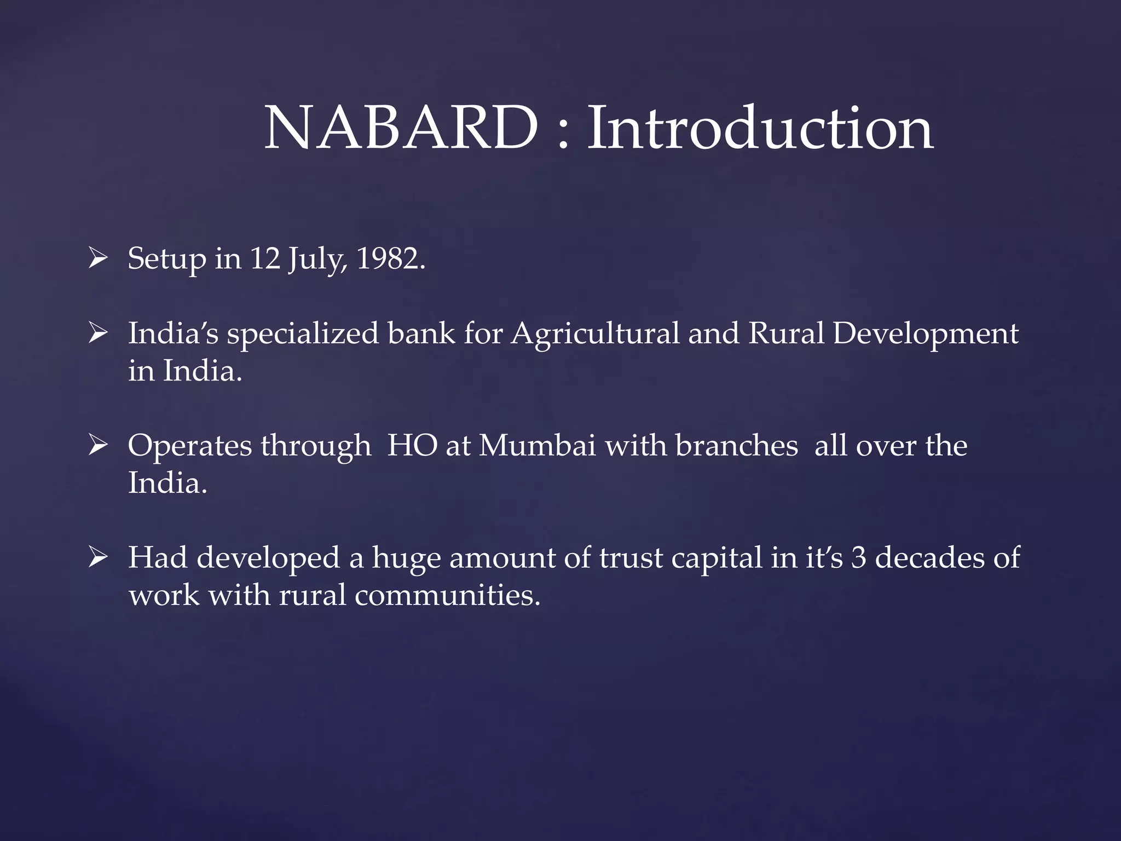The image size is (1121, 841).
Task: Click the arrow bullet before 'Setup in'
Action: (x=97, y=257)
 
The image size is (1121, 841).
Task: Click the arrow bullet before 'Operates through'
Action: (x=97, y=445)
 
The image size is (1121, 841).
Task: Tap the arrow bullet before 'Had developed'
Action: (x=97, y=557)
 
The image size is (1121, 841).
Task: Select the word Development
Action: (x=926, y=334)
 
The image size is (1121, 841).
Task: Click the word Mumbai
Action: (x=537, y=445)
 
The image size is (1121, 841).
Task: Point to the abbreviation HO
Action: (x=413, y=445)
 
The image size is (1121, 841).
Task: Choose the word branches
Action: (x=736, y=445)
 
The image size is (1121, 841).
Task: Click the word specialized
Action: (x=303, y=334)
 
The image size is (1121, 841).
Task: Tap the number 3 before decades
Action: (x=859, y=557)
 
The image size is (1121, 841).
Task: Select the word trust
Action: (x=631, y=557)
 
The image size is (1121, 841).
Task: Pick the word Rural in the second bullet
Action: (x=786, y=333)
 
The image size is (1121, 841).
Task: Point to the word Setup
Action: (x=167, y=259)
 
